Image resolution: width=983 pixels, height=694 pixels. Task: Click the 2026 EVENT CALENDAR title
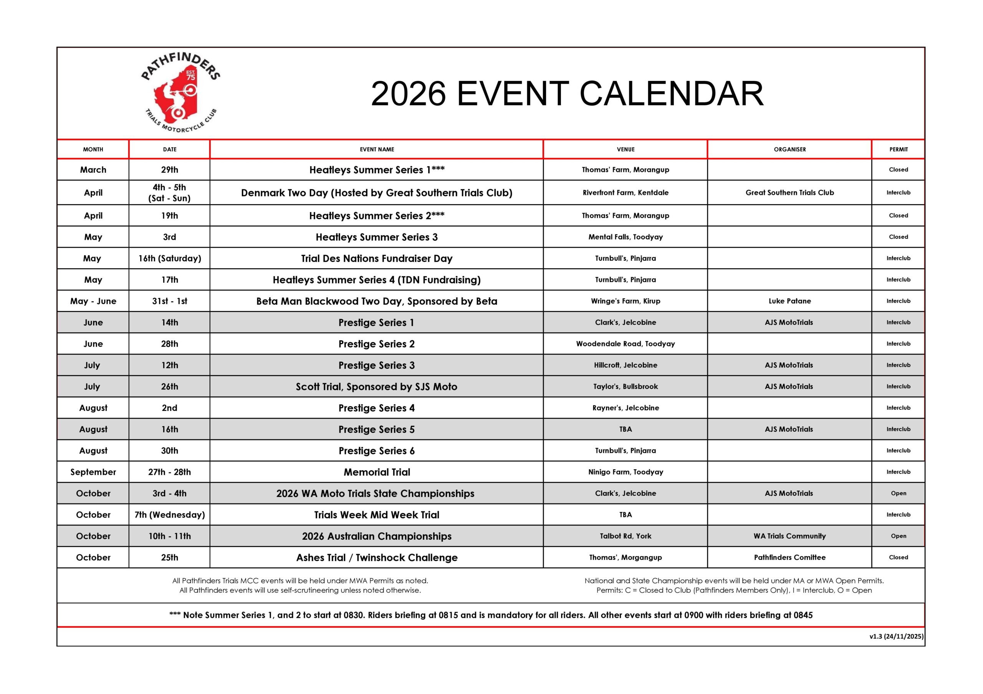click(x=567, y=94)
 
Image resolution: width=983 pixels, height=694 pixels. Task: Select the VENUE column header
click(x=626, y=149)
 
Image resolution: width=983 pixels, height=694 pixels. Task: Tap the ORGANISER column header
click(x=789, y=149)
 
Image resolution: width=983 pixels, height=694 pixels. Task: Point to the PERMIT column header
click(x=898, y=149)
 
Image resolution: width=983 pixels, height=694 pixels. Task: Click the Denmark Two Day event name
click(x=376, y=193)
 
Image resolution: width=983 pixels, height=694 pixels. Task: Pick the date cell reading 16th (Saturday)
click(x=170, y=259)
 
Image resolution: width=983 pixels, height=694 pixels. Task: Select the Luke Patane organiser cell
click(x=789, y=301)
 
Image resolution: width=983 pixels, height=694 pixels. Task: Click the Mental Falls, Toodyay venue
click(x=626, y=237)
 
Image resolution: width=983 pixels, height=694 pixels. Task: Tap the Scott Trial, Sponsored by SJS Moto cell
click(x=376, y=387)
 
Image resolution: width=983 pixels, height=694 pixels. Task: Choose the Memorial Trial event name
click(x=376, y=472)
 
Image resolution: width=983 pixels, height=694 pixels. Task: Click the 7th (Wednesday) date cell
click(x=170, y=515)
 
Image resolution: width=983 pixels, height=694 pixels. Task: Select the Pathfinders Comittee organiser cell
click(x=789, y=557)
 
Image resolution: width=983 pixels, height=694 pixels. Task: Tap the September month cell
click(x=93, y=472)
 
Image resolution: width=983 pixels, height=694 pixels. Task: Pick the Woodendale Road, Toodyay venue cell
click(x=626, y=344)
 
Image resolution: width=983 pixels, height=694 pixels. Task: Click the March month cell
click(x=93, y=170)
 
